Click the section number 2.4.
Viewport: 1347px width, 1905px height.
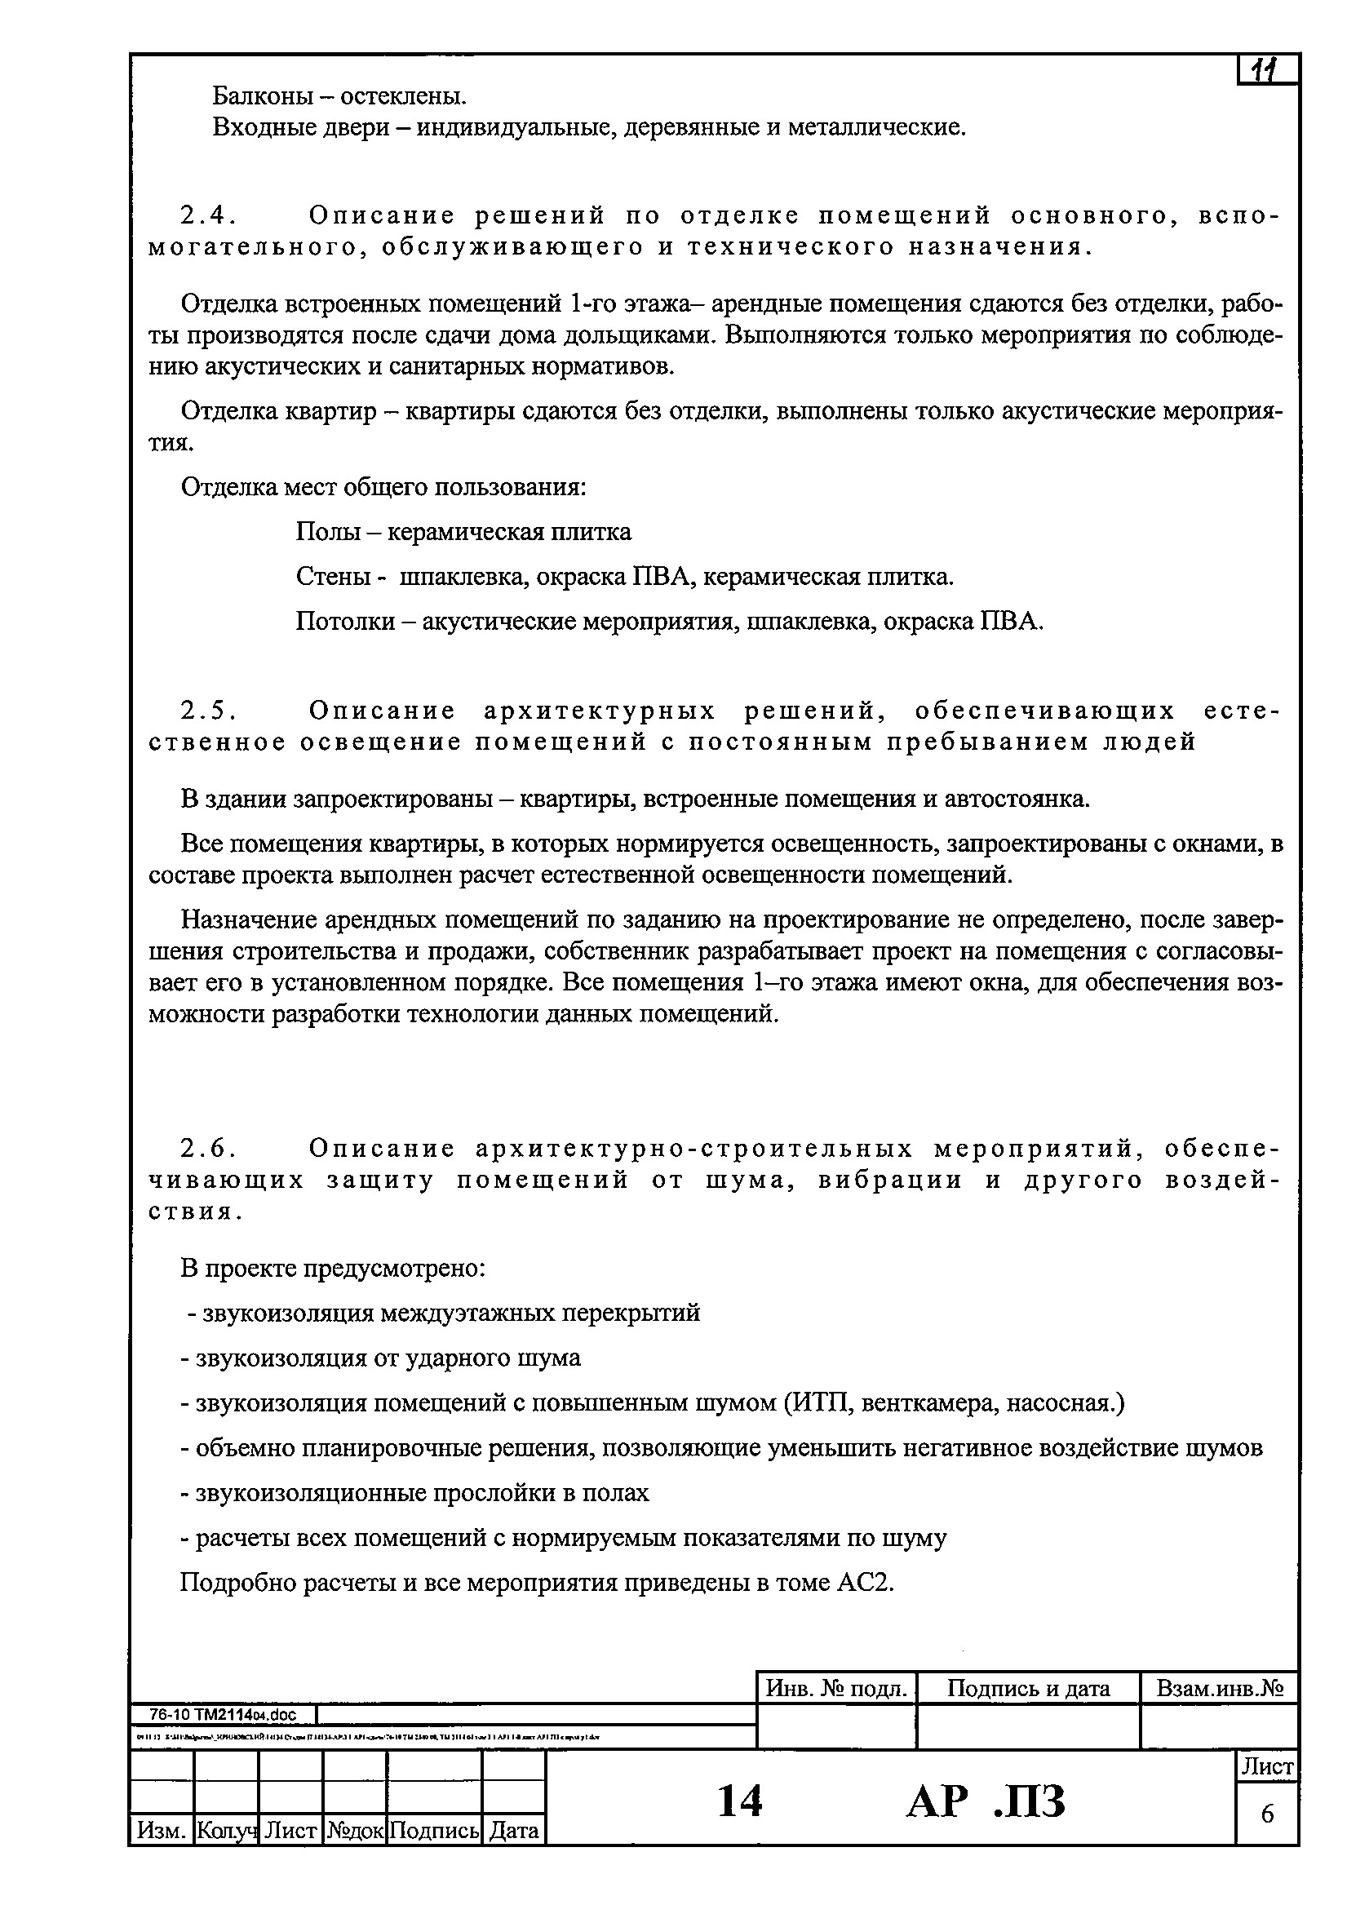(207, 215)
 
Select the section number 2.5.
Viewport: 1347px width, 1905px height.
(207, 711)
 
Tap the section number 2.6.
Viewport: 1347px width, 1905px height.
(207, 1149)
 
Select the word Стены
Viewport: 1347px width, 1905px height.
(332, 577)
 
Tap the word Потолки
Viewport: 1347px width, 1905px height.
(345, 622)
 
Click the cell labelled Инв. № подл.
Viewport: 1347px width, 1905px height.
(836, 1689)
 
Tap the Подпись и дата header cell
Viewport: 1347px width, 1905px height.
(1027, 1689)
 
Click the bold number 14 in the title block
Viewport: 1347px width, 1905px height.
(738, 1801)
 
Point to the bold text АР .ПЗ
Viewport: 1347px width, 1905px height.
(985, 1801)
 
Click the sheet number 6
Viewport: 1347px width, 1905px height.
(1267, 1814)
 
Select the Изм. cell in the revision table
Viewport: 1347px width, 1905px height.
(161, 1830)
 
